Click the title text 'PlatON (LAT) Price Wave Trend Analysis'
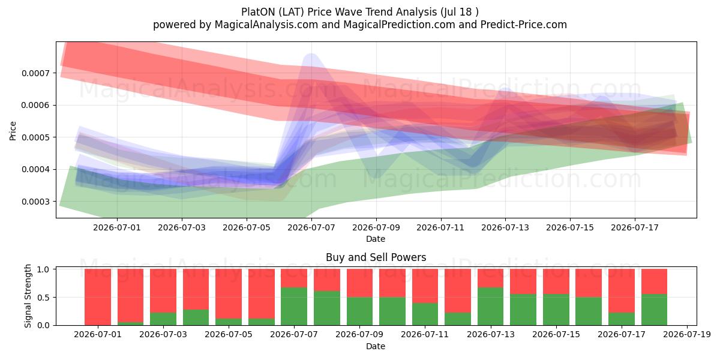tap(339, 12)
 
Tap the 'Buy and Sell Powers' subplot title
tap(376, 257)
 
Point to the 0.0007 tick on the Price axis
tap(35, 73)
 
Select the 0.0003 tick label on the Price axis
tap(35, 202)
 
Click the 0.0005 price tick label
tap(35, 137)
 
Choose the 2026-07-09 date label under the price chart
tap(376, 227)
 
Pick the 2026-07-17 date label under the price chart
tap(635, 227)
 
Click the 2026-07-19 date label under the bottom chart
tap(687, 335)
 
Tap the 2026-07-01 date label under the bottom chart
tap(98, 335)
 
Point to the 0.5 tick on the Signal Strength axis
tap(43, 298)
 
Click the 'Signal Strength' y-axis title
tap(28, 296)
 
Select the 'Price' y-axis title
tap(13, 131)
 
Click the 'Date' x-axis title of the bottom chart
tap(376, 346)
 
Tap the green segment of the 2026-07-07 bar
tap(294, 307)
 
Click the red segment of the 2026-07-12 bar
tap(458, 291)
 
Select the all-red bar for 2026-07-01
tap(98, 297)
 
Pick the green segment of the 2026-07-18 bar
tap(654, 310)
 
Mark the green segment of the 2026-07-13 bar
tap(491, 307)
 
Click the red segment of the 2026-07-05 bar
tap(229, 294)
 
